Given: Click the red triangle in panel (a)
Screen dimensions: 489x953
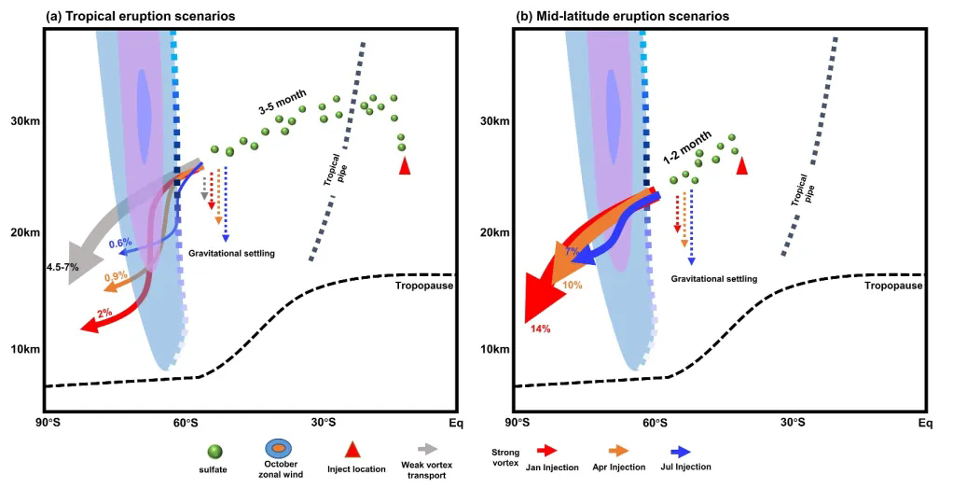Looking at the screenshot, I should pos(404,166).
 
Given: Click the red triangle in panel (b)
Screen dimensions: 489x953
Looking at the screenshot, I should pos(742,166).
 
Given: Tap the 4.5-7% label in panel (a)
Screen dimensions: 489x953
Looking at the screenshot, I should pos(62,268).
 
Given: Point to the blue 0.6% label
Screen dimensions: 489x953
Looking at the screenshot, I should pos(119,244).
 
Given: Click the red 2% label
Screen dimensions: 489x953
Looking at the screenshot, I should pos(104,312).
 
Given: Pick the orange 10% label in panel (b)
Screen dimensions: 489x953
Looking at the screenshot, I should pos(573,284).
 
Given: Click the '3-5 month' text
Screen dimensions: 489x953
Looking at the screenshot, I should pos(283,108).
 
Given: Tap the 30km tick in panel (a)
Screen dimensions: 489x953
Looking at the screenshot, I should pos(24,121).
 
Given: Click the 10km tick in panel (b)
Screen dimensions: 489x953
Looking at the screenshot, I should pos(493,349).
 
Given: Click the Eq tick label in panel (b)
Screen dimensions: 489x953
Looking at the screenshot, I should pos(924,424).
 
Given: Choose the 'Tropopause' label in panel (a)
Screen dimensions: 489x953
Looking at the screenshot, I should pos(424,286).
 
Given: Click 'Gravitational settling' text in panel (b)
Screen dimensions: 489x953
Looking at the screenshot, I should pos(713,278).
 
